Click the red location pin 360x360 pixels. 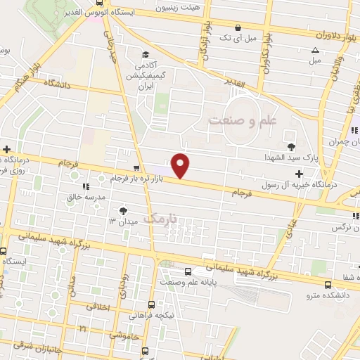tap(181, 165)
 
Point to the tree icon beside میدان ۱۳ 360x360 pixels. tap(124, 210)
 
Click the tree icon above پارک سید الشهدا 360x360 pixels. tap(292, 146)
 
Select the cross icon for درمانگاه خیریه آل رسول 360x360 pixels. tap(300, 173)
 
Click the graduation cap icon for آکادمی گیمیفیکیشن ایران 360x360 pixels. tap(145, 54)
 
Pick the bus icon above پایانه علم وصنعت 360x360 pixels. tap(188, 271)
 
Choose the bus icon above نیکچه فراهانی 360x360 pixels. tap(152, 304)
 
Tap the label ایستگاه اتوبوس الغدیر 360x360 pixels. tap(90, 13)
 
